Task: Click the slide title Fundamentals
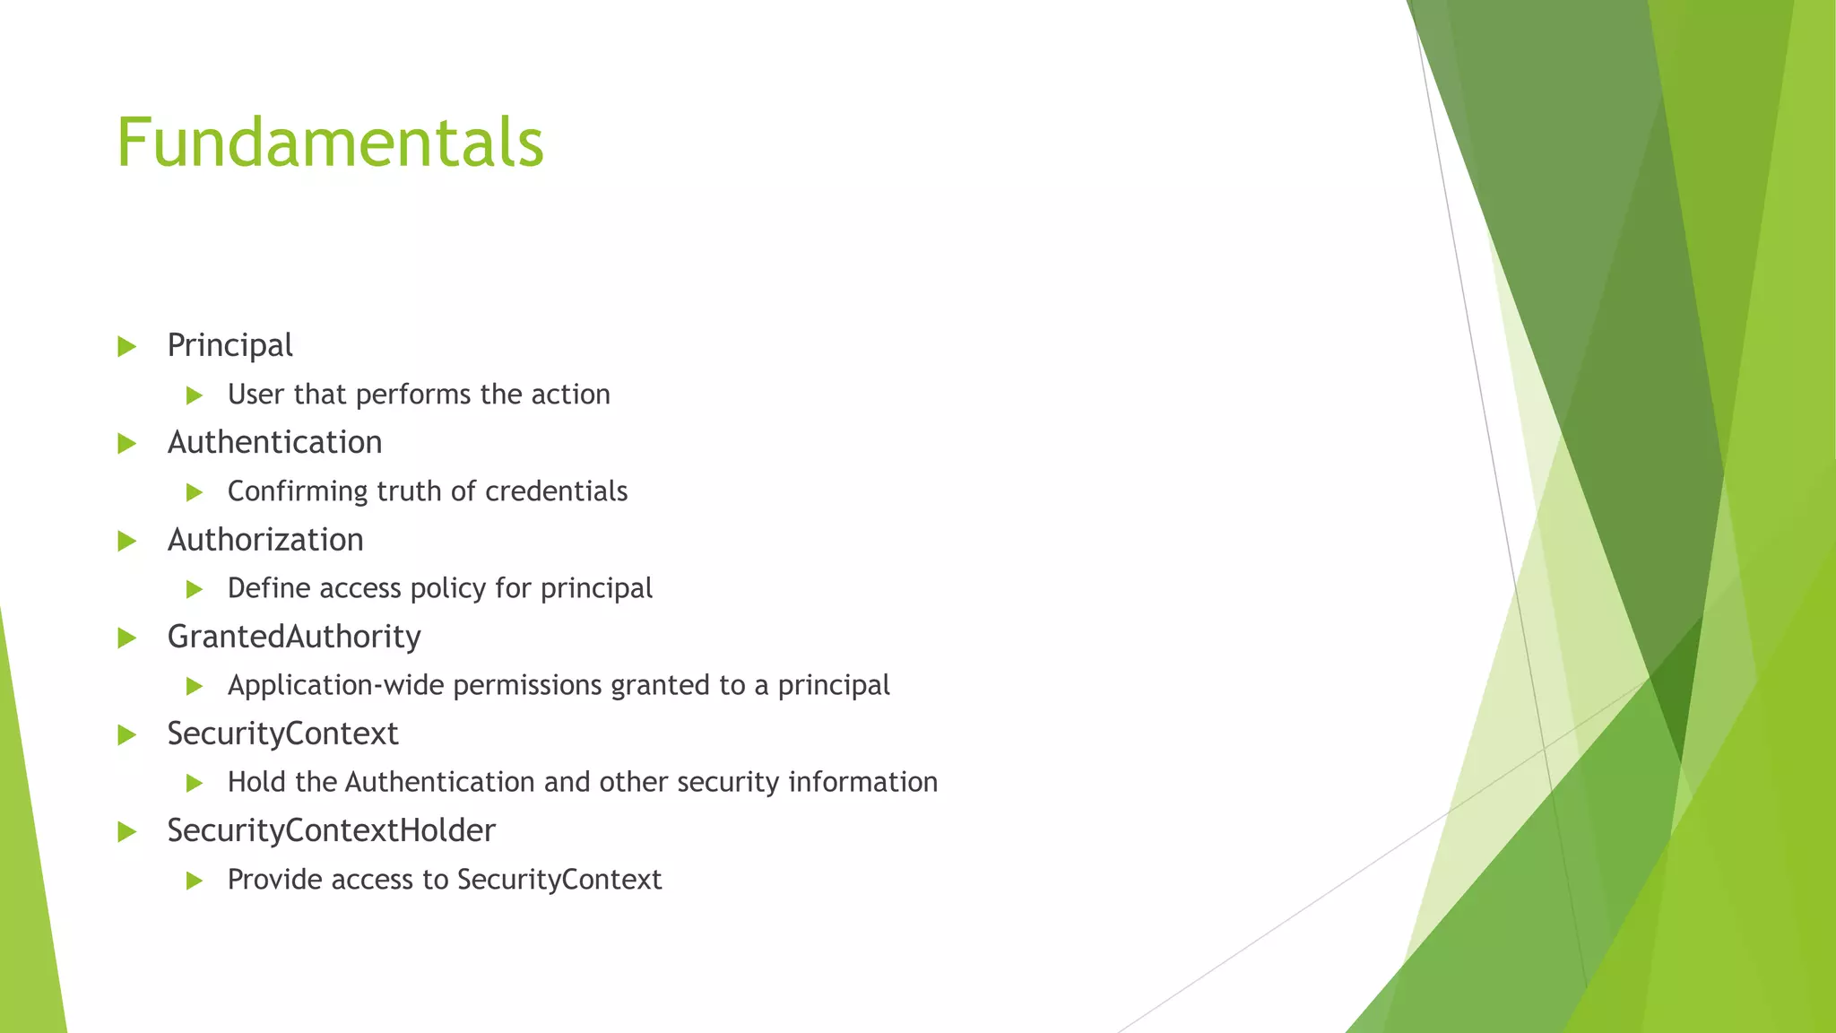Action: point(330,143)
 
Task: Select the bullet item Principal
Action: point(229,345)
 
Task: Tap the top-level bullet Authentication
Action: point(274,442)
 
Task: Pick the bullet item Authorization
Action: point(265,540)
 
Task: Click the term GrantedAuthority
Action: point(294,637)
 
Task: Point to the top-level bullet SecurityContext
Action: point(282,734)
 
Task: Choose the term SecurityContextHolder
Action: point(331,830)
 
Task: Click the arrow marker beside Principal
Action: point(126,346)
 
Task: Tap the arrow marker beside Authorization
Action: point(126,541)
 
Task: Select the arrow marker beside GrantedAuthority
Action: point(126,638)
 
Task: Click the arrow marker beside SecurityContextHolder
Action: point(126,832)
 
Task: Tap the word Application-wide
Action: point(336,686)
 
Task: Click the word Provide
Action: point(275,880)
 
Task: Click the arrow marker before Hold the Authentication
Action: point(195,784)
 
